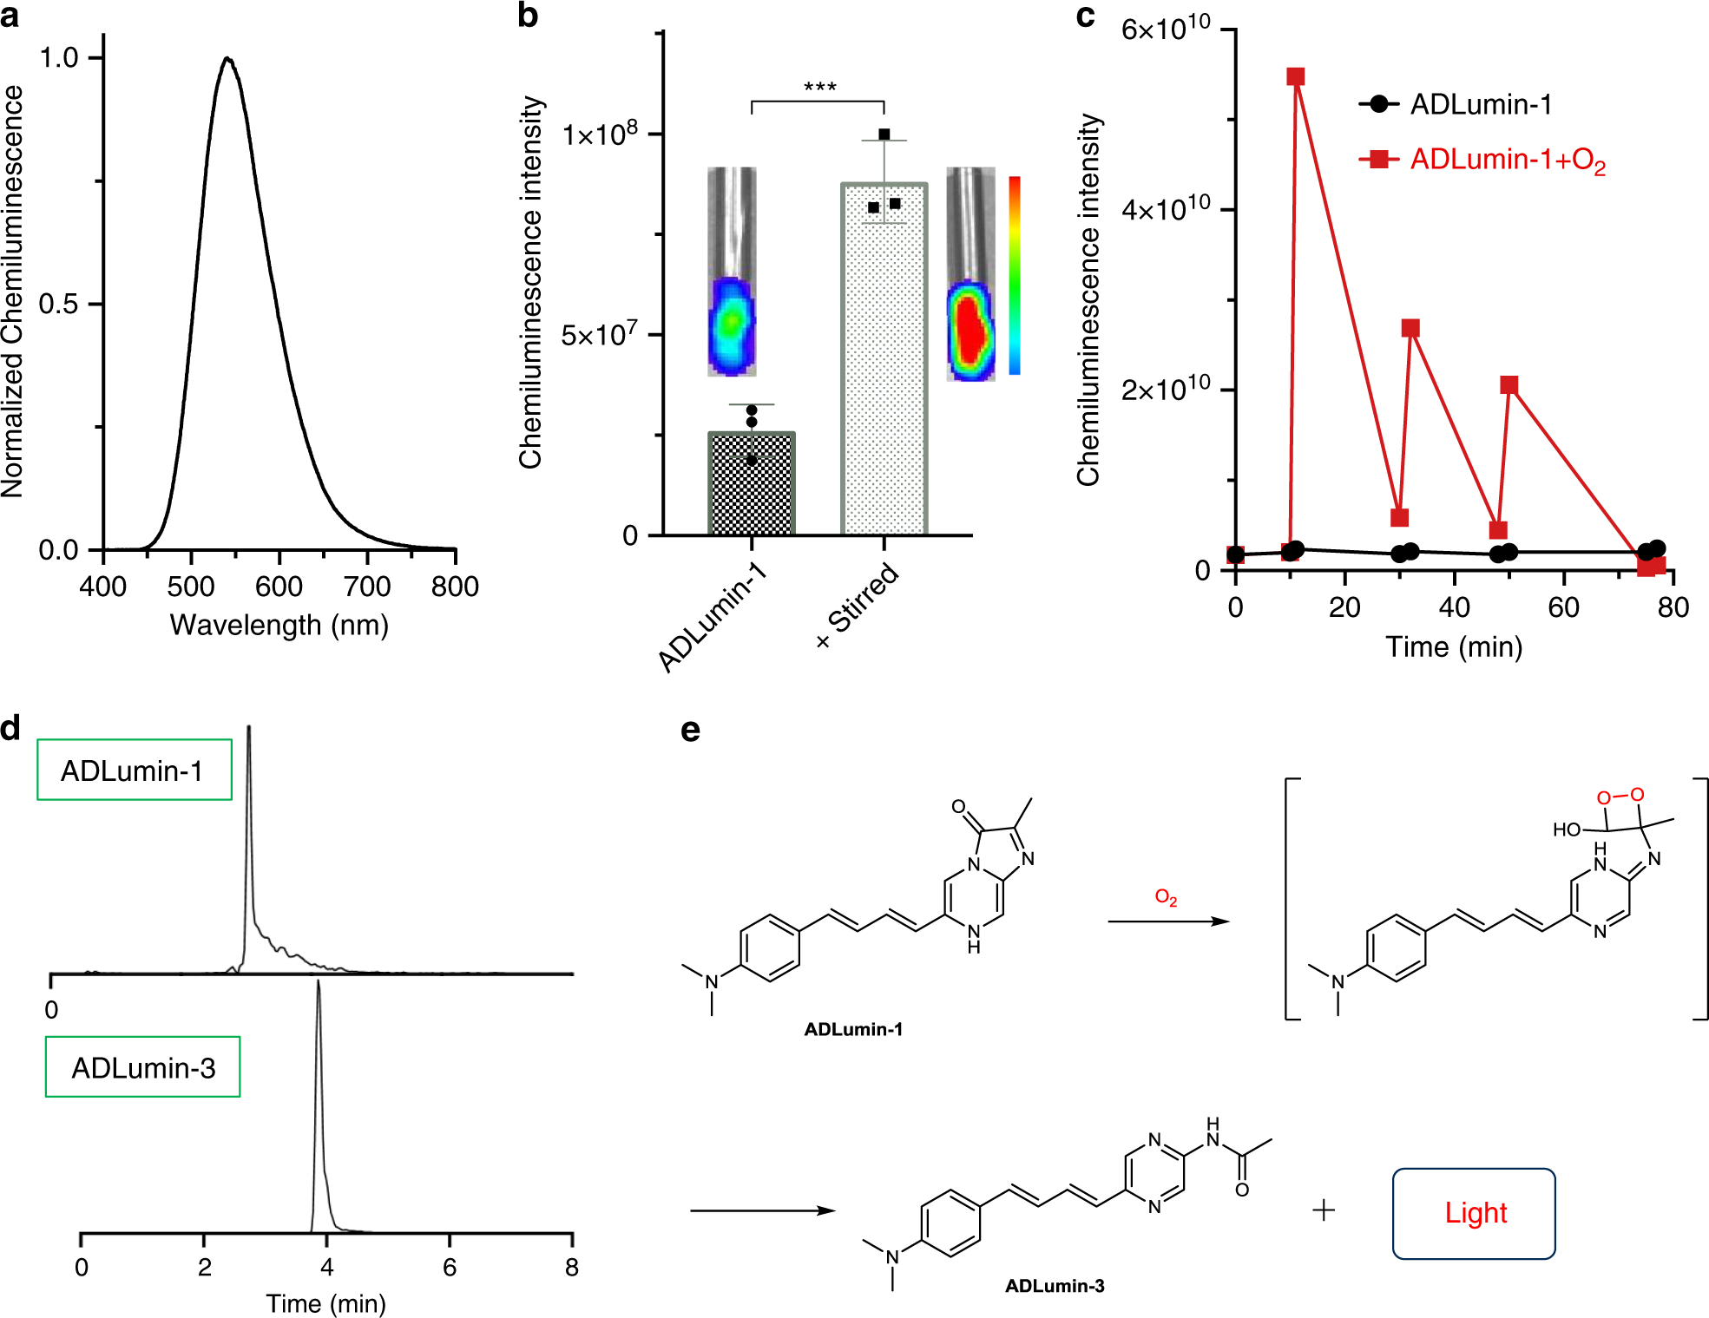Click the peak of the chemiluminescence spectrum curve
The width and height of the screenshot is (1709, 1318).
coord(227,59)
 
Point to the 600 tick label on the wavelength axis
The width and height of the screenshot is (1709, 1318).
coord(279,587)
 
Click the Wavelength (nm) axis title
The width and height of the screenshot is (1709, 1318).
coord(279,625)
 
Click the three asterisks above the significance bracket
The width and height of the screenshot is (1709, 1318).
coord(819,88)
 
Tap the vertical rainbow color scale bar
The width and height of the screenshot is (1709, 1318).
coord(1014,275)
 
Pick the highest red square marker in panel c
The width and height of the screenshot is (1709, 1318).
coord(1295,76)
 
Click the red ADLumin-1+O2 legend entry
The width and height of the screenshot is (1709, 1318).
coord(1484,160)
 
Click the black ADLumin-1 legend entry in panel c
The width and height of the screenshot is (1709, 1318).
coord(1458,104)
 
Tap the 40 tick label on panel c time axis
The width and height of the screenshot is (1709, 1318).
coord(1454,607)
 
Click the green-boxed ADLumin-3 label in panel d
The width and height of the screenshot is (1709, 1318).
coord(143,1067)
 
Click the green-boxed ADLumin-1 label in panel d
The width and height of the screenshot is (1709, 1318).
coord(134,770)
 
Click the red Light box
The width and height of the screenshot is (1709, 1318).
coord(1474,1213)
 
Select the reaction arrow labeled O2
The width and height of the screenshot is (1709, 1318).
coord(1168,921)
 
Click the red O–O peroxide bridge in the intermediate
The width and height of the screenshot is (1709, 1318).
coord(1620,795)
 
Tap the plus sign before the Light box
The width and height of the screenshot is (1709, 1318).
coord(1323,1210)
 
